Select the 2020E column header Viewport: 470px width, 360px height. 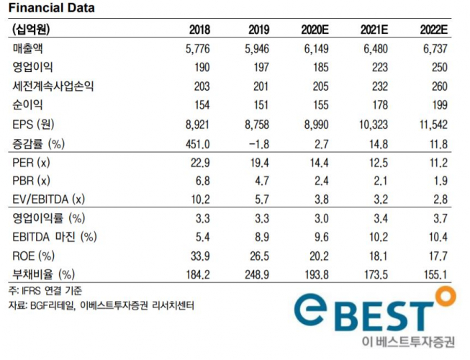tap(317, 30)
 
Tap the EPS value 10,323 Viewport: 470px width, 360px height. tap(373, 123)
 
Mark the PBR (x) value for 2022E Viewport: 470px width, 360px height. tap(439, 179)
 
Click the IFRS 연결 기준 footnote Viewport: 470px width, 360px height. tap(45, 292)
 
